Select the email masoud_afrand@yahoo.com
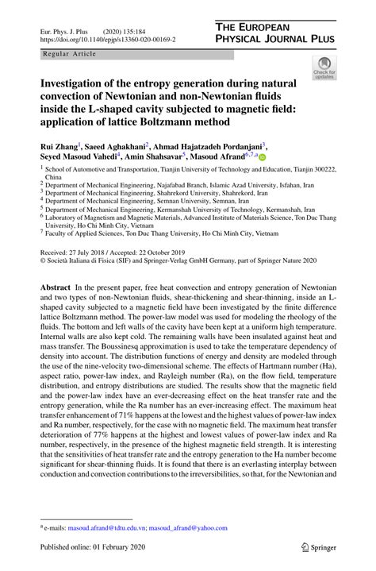[185, 527]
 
